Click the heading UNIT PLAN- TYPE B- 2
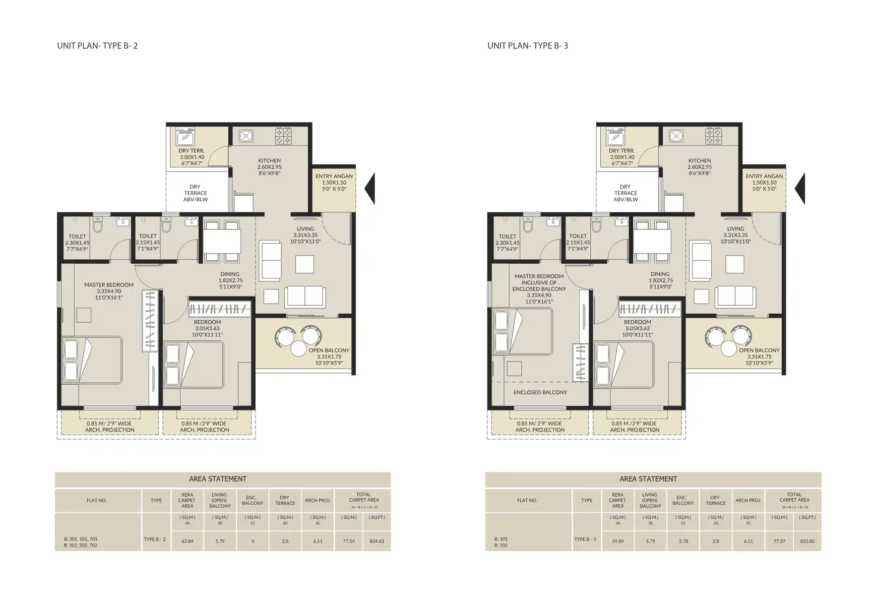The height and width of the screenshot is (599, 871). click(97, 45)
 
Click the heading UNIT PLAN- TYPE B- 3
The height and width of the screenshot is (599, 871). click(528, 45)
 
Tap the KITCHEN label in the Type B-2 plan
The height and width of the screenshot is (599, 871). click(269, 161)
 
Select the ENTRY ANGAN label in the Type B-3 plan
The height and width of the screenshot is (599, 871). click(764, 176)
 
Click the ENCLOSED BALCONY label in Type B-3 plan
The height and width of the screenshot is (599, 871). click(540, 392)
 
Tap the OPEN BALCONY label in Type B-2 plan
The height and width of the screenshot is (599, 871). click(329, 350)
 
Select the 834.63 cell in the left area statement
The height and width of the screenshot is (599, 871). click(377, 541)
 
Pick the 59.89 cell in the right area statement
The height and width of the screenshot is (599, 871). click(617, 541)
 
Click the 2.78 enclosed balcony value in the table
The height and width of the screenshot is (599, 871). click(683, 541)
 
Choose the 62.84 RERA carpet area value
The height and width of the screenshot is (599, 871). click(187, 541)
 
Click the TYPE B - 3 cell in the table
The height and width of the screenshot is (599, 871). click(586, 539)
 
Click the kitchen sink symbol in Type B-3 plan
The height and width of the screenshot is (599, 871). click(676, 136)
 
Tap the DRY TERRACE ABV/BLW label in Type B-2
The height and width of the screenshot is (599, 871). click(196, 193)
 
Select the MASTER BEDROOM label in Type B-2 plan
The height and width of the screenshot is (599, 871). click(109, 285)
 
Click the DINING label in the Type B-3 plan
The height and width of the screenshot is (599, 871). click(660, 274)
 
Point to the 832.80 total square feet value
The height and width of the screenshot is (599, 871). click(807, 541)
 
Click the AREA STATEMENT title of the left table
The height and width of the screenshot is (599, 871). click(218, 479)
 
